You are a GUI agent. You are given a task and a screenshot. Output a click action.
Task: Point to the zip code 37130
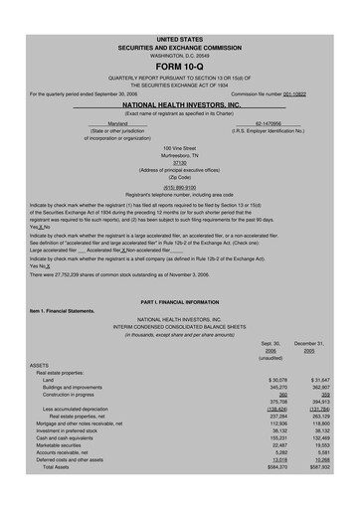click(180, 162)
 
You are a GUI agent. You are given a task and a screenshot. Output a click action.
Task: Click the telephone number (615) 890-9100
click(180, 187)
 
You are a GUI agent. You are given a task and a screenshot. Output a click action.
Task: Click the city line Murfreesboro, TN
click(180, 154)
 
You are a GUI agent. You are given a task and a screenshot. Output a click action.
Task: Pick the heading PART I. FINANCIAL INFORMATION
click(180, 299)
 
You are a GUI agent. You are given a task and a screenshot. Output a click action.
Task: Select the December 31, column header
click(323, 342)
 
